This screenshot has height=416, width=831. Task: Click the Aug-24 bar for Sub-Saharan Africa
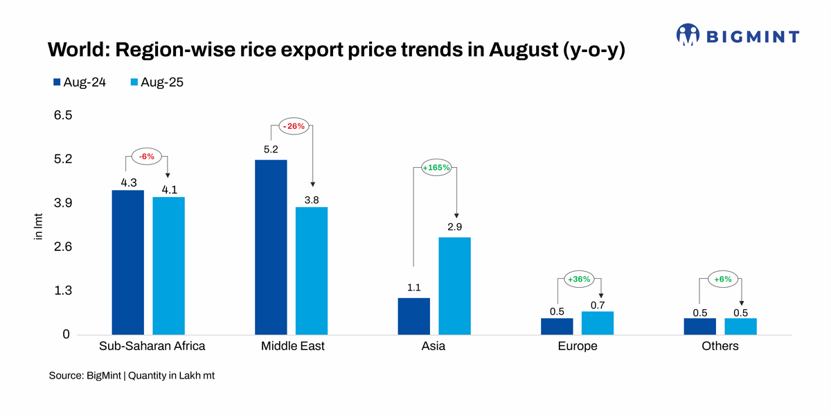127,262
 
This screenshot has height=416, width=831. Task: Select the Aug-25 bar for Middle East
312,270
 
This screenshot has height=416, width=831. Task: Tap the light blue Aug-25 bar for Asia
454,286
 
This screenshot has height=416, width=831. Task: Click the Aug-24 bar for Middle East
271,247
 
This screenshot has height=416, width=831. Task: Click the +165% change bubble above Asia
436,167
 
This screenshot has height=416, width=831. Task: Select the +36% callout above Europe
578,279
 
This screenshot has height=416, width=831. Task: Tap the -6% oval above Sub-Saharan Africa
146,157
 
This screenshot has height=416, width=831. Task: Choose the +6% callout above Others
722,279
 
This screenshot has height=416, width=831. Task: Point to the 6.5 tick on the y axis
62,115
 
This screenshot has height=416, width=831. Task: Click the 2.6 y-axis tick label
62,247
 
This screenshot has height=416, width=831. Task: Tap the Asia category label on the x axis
433,346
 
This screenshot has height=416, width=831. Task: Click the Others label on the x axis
720,346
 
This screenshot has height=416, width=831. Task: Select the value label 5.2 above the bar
271,149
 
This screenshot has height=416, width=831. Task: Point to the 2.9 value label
454,227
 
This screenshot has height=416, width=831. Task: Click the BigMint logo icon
688,35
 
